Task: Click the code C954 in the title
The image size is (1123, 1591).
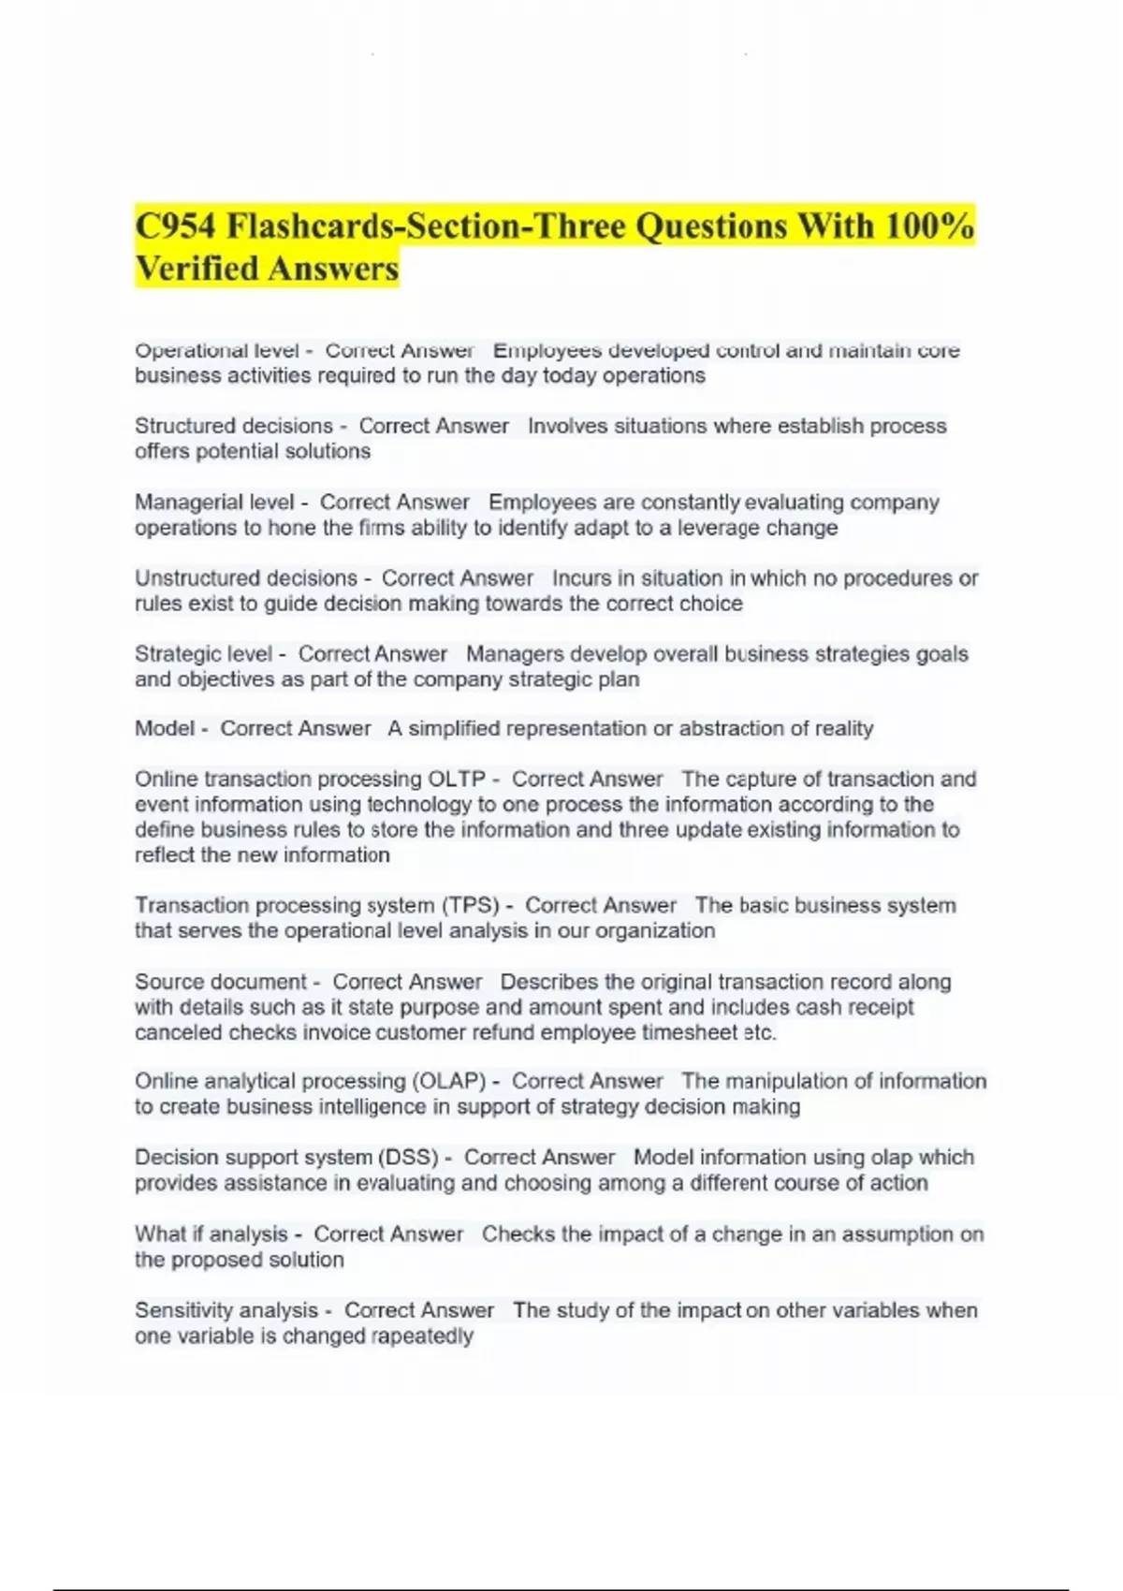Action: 175,226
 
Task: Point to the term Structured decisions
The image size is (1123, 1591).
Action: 234,426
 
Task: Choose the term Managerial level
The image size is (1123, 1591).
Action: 214,503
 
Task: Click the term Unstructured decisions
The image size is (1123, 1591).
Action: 245,578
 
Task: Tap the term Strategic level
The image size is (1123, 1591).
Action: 203,654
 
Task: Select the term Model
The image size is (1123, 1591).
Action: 165,728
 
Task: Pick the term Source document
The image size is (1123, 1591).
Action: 220,982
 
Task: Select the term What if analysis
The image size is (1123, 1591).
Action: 211,1234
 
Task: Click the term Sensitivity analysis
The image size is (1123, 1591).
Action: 226,1310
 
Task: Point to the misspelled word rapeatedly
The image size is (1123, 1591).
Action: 422,1336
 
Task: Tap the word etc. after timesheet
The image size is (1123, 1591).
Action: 760,1032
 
